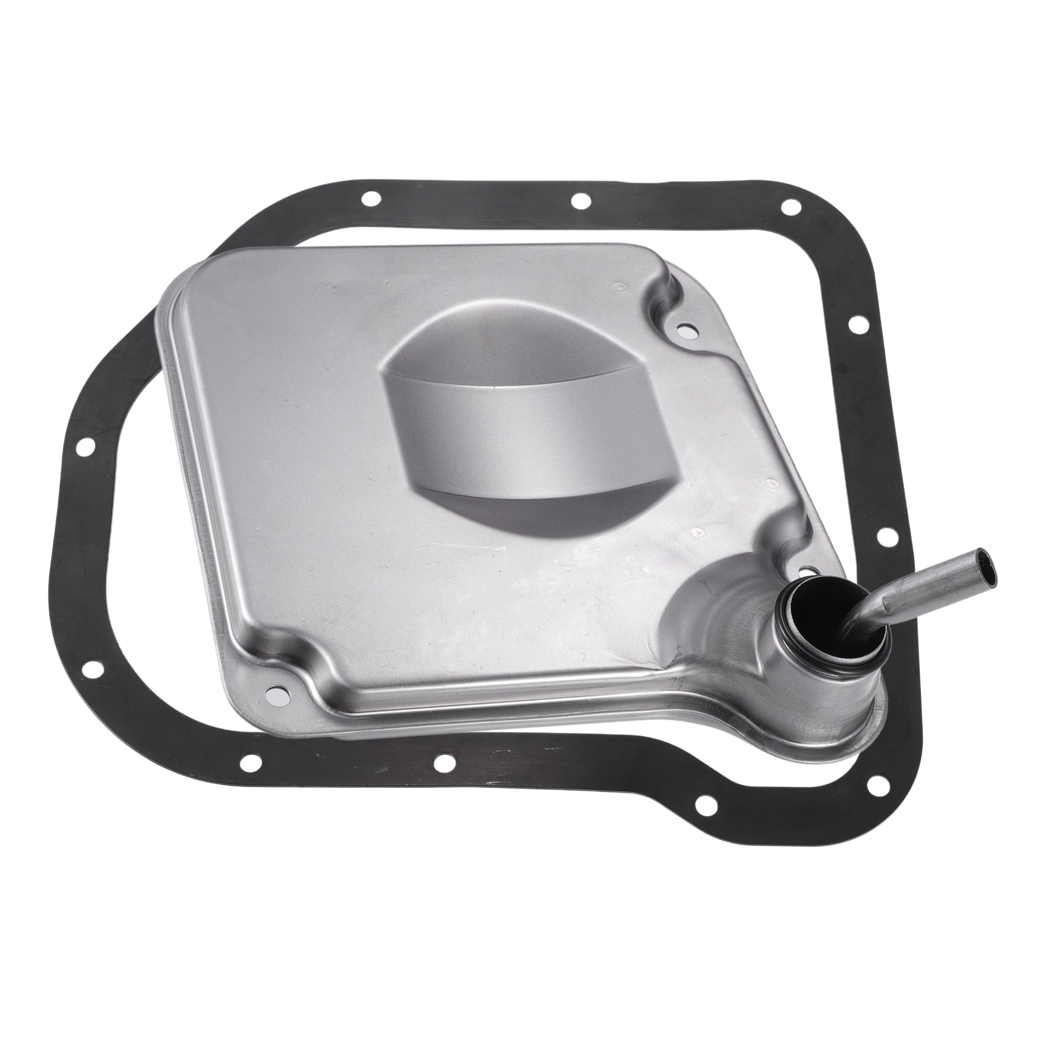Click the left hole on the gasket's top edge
372,198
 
